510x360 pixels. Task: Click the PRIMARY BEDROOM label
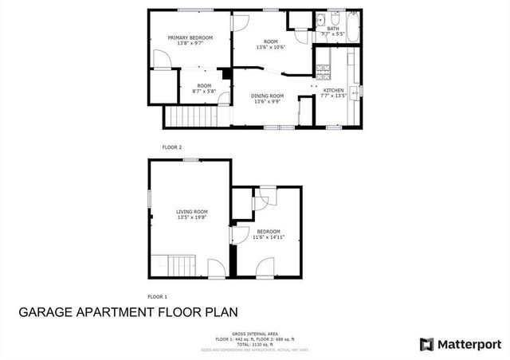190,37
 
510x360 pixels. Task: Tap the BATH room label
332,29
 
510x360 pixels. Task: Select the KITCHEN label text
332,91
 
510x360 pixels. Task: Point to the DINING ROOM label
270,96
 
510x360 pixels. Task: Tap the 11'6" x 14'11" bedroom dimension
268,237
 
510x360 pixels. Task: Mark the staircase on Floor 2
191,117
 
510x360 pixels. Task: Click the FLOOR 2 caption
172,147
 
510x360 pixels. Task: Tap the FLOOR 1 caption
157,296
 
